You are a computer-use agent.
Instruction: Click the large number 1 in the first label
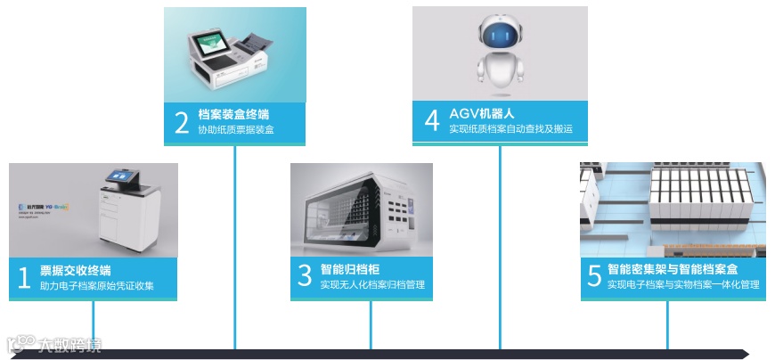click(x=24, y=278)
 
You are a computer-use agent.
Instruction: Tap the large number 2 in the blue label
click(x=182, y=122)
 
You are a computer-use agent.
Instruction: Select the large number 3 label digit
click(x=305, y=276)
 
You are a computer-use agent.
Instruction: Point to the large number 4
click(x=432, y=120)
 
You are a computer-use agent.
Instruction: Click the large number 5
click(x=594, y=276)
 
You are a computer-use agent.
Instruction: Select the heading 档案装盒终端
click(x=233, y=114)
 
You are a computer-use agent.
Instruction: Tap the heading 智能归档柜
click(x=351, y=268)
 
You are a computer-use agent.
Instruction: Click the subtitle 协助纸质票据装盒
click(x=236, y=130)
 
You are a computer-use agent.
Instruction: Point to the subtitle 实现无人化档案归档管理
click(x=372, y=285)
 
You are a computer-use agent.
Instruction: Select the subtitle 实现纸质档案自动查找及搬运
click(x=510, y=129)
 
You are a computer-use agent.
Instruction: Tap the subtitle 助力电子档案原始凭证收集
click(x=97, y=286)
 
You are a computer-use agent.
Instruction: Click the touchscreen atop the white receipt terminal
click(x=118, y=178)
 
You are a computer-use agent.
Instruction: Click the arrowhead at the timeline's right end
click(x=752, y=354)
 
